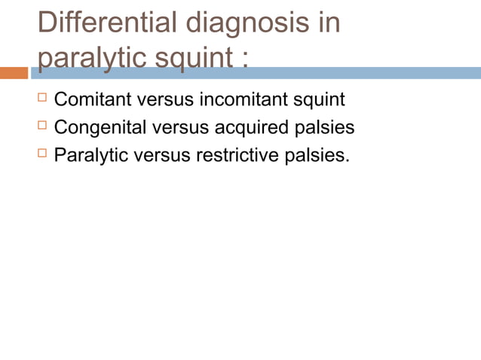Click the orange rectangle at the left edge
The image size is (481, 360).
(x=14, y=73)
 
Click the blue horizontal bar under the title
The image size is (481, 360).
(x=302, y=73)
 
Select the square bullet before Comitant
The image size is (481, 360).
(x=42, y=98)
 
